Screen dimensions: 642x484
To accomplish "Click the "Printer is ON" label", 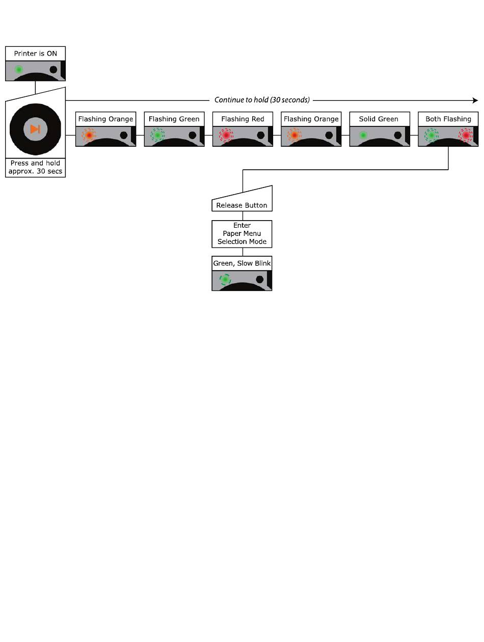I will (35, 53).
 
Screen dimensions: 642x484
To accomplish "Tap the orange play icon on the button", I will (35, 129).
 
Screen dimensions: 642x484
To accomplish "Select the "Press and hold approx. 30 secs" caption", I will (35, 167).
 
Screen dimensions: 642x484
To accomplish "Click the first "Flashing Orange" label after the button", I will (105, 119).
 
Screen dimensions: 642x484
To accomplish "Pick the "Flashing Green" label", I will (174, 119).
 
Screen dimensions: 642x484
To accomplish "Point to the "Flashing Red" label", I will (243, 119).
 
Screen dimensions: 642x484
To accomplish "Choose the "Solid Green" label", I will (379, 119).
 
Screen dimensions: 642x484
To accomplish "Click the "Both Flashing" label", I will (448, 119).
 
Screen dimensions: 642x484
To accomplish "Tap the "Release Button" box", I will (241, 205).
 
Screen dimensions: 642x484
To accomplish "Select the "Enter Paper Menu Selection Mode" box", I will (242, 233).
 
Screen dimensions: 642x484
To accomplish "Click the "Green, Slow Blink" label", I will (242, 263).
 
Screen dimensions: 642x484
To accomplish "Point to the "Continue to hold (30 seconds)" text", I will (262, 100).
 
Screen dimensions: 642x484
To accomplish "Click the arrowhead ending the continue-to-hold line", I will (476, 100).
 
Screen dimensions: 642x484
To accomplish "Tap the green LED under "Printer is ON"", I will (19, 69).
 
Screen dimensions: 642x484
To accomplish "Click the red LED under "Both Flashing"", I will (466, 135).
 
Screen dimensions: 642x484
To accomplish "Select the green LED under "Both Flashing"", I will (432, 135).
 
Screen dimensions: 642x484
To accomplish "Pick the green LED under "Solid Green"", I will (363, 135).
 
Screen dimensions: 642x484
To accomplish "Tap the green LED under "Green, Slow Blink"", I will (225, 279).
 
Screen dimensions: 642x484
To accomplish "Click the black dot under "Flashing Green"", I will (192, 135).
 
